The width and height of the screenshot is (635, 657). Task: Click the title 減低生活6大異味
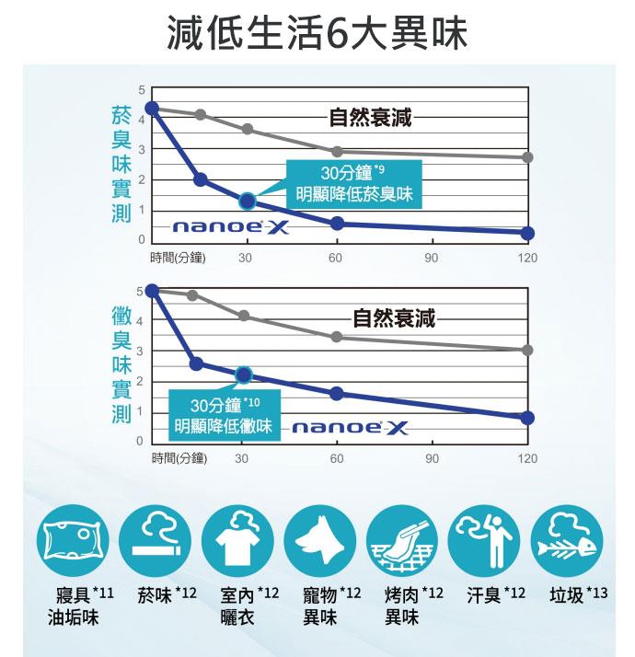pyautogui.click(x=317, y=34)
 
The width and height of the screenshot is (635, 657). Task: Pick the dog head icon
pyautogui.click(x=319, y=544)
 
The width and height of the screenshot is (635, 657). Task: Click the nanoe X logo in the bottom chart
pyautogui.click(x=350, y=429)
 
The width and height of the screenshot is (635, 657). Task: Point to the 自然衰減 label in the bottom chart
pyautogui.click(x=394, y=319)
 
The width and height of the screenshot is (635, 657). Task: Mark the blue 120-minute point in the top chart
pyautogui.click(x=527, y=233)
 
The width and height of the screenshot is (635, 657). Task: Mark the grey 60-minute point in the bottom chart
pyautogui.click(x=337, y=338)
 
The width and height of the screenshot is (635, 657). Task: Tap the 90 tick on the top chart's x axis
pyautogui.click(x=432, y=259)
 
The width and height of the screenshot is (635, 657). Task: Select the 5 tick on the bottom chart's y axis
pyautogui.click(x=140, y=291)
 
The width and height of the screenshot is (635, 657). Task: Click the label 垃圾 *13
pyautogui.click(x=578, y=594)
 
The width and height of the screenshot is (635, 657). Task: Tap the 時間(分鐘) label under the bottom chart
pyautogui.click(x=179, y=457)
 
